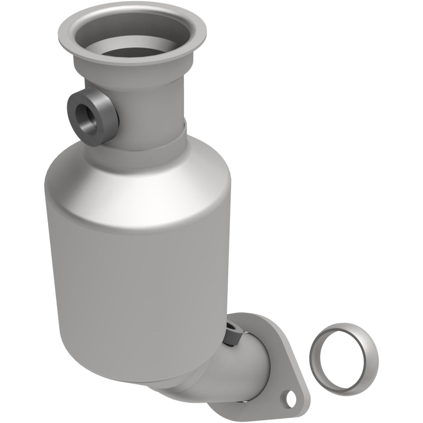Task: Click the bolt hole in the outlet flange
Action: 289,397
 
